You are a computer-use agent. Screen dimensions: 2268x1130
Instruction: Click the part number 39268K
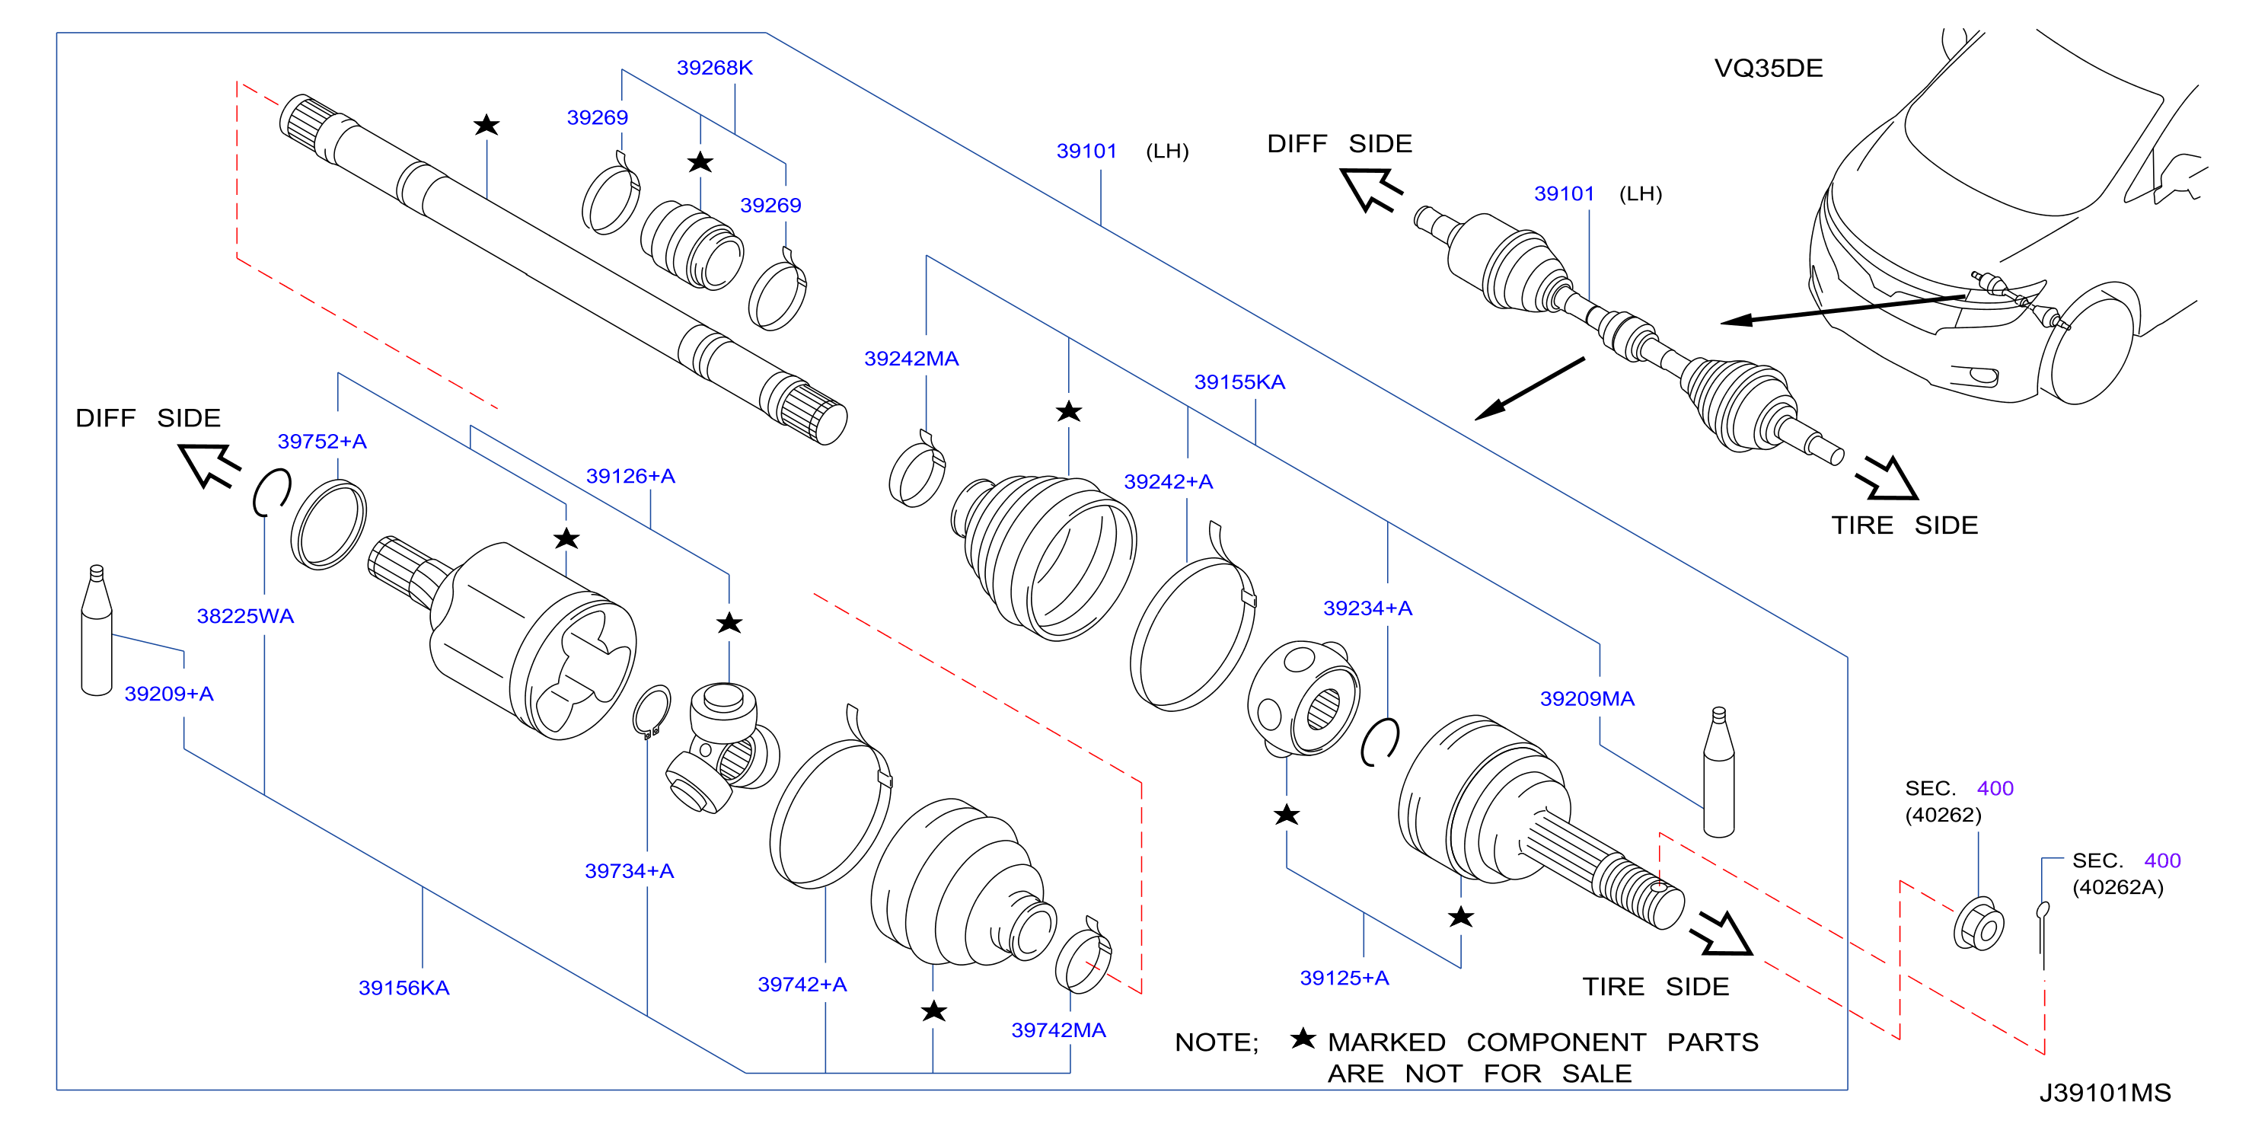pyautogui.click(x=714, y=68)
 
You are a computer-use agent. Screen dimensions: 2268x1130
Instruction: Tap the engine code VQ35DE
pyautogui.click(x=1768, y=69)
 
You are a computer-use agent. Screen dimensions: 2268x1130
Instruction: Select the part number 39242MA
pyautogui.click(x=911, y=359)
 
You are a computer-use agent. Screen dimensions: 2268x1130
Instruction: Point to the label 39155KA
pyautogui.click(x=1239, y=382)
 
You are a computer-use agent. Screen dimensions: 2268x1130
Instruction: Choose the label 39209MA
pyautogui.click(x=1587, y=698)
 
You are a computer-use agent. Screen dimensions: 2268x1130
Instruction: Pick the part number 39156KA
pyautogui.click(x=404, y=988)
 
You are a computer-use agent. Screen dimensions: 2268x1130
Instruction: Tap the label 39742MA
pyautogui.click(x=1057, y=1029)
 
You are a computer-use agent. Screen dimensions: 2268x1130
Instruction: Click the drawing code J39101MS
pyautogui.click(x=2105, y=1093)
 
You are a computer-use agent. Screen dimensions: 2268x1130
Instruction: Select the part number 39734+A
pyautogui.click(x=630, y=871)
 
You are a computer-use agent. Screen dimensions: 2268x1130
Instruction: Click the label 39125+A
pyautogui.click(x=1345, y=978)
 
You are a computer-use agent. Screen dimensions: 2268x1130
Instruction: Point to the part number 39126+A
pyautogui.click(x=630, y=477)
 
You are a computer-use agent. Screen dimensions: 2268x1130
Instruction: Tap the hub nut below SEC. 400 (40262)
pyautogui.click(x=1979, y=924)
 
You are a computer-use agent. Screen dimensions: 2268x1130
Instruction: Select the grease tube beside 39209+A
pyautogui.click(x=97, y=630)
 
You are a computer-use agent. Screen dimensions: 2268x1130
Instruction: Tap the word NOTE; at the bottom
pyautogui.click(x=1217, y=1042)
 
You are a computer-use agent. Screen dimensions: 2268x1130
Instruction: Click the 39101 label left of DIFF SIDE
pyautogui.click(x=1086, y=152)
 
